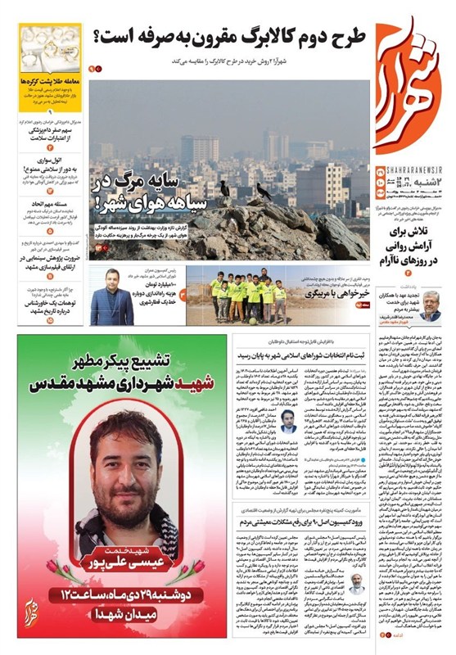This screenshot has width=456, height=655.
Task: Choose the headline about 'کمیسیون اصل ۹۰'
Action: (305, 514)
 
